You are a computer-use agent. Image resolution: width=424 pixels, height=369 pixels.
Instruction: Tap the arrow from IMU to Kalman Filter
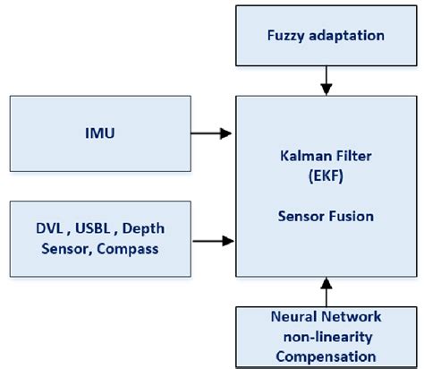213,133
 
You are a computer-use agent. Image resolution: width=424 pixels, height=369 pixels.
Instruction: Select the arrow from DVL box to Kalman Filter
213,239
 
